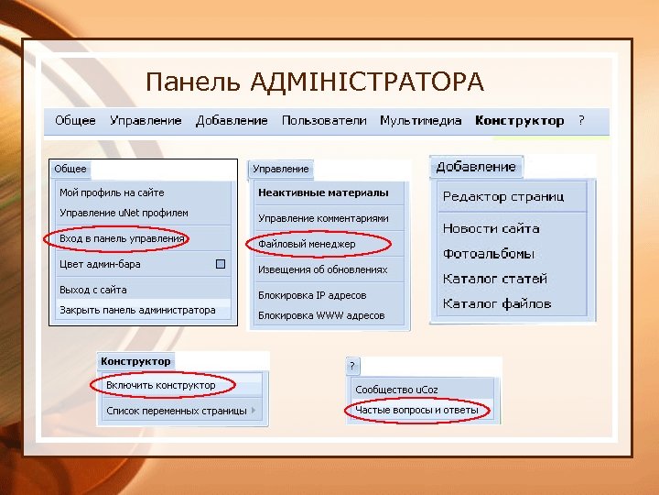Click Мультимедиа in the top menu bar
(x=422, y=121)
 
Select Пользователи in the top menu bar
(x=324, y=121)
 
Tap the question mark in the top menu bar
(x=581, y=121)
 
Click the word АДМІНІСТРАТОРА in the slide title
(x=366, y=83)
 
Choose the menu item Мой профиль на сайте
(x=112, y=192)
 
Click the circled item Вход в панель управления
(x=122, y=239)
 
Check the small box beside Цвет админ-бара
(x=220, y=264)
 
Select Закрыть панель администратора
(x=137, y=311)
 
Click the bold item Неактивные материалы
(x=323, y=193)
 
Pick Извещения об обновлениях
(x=322, y=270)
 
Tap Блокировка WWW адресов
(x=320, y=315)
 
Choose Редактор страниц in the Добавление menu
(x=503, y=196)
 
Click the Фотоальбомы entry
(x=489, y=254)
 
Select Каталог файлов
(x=497, y=303)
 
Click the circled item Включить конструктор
(x=161, y=385)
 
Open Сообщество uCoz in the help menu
(x=396, y=390)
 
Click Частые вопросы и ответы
(x=416, y=410)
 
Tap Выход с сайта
(x=93, y=290)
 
